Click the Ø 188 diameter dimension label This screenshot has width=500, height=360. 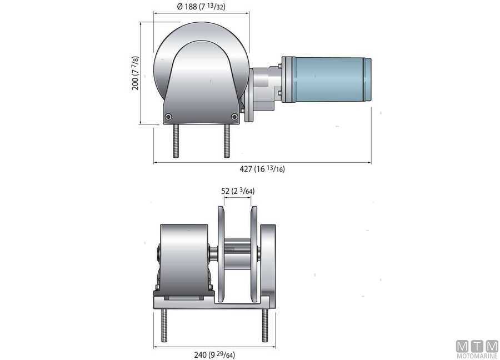pyautogui.click(x=201, y=7)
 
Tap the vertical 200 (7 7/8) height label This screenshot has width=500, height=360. pyautogui.click(x=135, y=73)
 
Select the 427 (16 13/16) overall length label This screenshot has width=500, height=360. pyautogui.click(x=262, y=169)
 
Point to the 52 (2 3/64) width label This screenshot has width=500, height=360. pyautogui.click(x=238, y=191)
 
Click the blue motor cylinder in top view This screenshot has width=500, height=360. pyautogui.click(x=326, y=78)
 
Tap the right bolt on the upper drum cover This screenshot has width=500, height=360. pyautogui.click(x=234, y=116)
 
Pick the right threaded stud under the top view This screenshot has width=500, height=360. pyautogui.click(x=226, y=141)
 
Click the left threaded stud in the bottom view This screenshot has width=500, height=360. pyautogui.click(x=165, y=325)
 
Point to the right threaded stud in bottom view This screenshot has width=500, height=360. pyautogui.click(x=264, y=325)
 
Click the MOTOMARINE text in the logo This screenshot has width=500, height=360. pyautogui.click(x=477, y=356)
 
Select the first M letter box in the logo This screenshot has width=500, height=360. pyautogui.click(x=462, y=346)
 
